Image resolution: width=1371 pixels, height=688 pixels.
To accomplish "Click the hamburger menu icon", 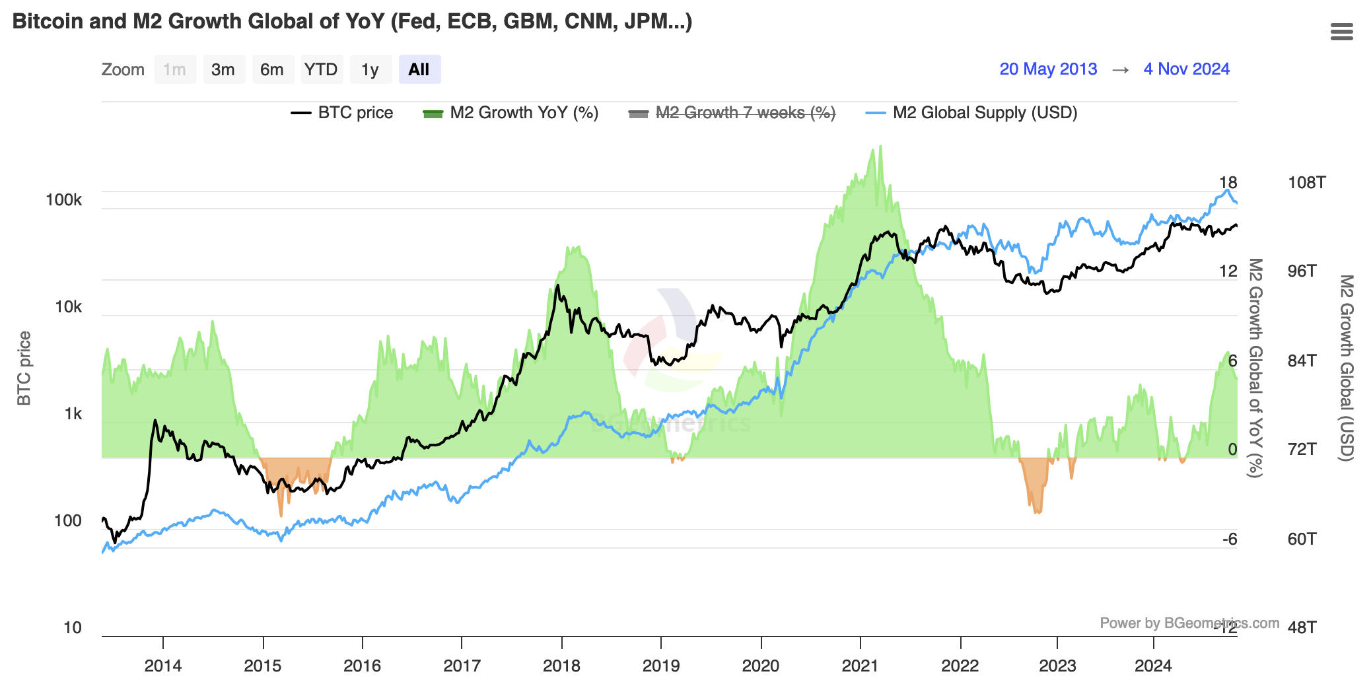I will [1341, 32].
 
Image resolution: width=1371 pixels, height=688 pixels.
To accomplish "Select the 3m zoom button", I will [223, 69].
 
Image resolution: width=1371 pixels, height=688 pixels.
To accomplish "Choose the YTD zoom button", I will [321, 69].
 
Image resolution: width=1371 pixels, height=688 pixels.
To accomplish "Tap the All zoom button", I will [419, 69].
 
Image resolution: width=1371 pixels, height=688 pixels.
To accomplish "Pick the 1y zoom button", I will [370, 69].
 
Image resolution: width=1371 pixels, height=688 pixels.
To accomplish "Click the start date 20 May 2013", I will [1048, 69].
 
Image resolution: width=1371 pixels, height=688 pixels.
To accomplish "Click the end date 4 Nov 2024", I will [1186, 69].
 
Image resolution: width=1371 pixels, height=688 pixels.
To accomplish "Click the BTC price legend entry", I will [342, 113].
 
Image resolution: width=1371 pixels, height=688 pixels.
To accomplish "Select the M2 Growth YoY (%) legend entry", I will [510, 113].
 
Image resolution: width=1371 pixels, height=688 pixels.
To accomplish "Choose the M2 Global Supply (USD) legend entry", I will [971, 113].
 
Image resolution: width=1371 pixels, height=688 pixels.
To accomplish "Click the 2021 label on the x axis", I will [860, 666].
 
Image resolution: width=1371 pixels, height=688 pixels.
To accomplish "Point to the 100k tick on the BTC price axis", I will [64, 200].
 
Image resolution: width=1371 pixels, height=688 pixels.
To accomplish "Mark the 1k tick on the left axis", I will [73, 414].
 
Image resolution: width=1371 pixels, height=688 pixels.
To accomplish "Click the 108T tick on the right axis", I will [1306, 183].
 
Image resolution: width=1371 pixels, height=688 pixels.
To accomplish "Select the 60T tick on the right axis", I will [1302, 539].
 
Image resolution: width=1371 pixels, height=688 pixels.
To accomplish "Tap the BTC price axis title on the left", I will [24, 368].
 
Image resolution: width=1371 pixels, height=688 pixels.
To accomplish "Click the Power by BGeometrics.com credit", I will [1189, 623].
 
